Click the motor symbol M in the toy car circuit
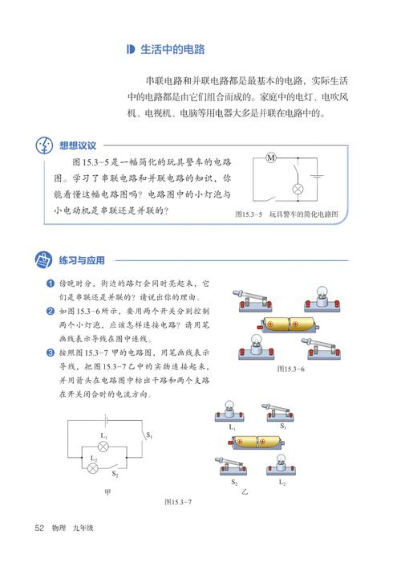tap(270, 157)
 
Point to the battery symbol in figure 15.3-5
tap(318, 176)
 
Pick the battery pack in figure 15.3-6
tap(285, 325)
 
